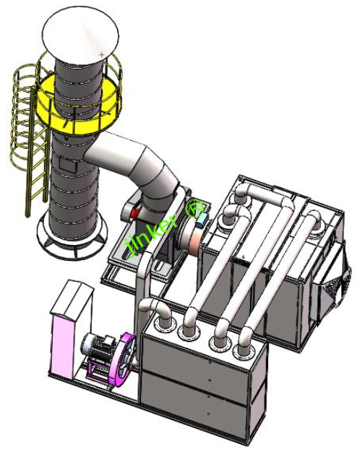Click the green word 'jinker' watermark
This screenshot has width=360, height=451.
(152, 231)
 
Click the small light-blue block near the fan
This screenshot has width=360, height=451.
(206, 218)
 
